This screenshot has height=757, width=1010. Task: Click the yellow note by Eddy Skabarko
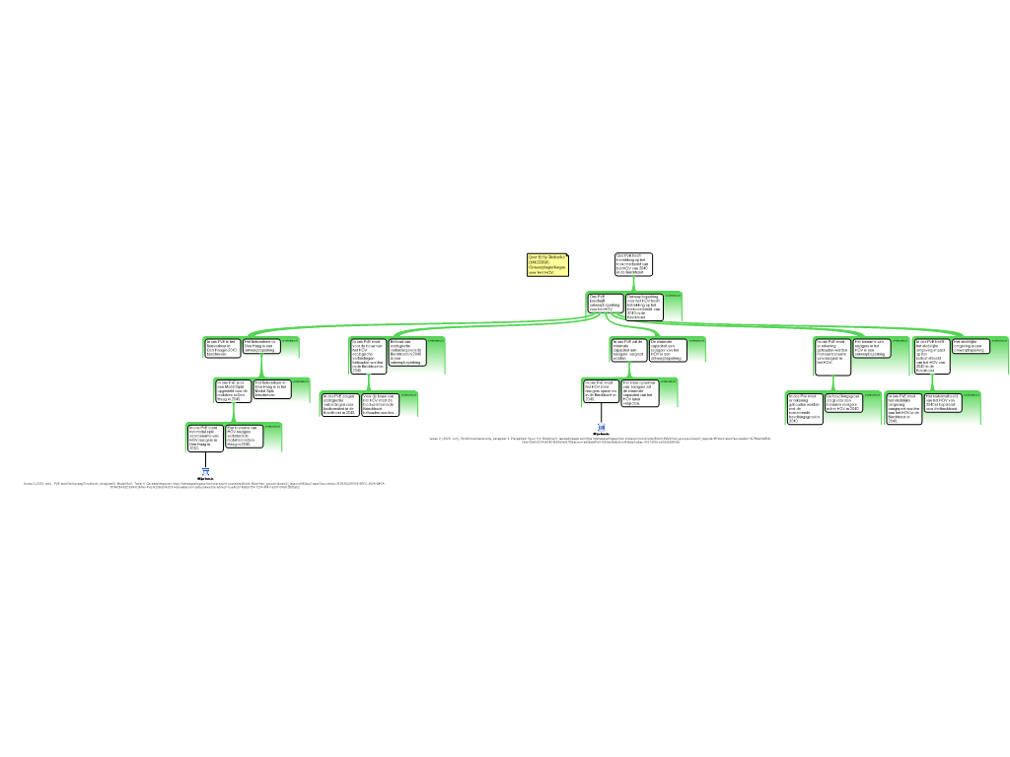point(547,264)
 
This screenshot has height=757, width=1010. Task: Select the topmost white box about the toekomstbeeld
point(633,264)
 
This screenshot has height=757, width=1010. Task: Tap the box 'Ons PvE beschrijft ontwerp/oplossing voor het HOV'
point(606,304)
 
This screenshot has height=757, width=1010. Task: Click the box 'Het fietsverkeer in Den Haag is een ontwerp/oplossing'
point(261,346)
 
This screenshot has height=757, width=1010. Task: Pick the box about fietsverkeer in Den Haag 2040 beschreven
point(223,347)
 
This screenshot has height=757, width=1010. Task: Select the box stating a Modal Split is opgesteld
point(233,390)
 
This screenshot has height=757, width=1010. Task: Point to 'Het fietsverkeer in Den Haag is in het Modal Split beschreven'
point(271,388)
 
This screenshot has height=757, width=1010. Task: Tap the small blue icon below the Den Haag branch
point(205,472)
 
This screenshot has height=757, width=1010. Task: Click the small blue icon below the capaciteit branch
point(601,427)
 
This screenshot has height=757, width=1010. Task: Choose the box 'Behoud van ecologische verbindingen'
point(407,353)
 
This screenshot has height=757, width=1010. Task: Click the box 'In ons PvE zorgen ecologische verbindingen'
point(340,404)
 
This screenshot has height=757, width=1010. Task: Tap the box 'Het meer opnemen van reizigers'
point(640,392)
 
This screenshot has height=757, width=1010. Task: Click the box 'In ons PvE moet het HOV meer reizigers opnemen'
point(602,391)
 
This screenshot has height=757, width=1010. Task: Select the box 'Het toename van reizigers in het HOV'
point(872,348)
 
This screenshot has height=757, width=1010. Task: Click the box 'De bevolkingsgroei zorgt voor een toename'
point(843,403)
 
